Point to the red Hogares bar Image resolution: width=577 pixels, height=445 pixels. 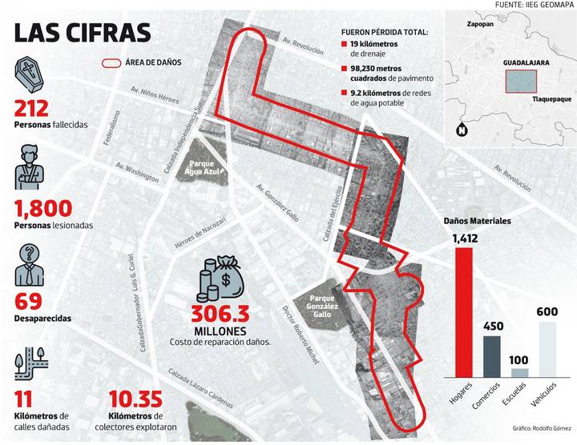tap(463, 311)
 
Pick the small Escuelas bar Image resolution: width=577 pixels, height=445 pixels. tap(520, 371)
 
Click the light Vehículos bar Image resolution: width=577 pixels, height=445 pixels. tap(548, 347)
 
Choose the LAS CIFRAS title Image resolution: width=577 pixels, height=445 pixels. tap(82, 33)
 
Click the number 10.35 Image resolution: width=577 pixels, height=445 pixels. tap(135, 398)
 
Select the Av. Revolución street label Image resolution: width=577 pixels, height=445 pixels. tap(303, 45)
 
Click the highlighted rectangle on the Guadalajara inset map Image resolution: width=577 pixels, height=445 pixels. tap(520, 81)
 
